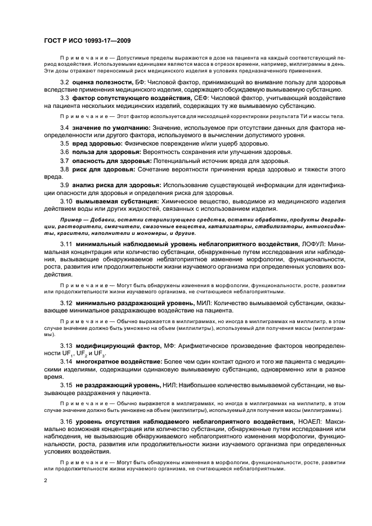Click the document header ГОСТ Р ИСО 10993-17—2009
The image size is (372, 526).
pyautogui.click(x=87, y=40)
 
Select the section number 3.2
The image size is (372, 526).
pyautogui.click(x=65, y=83)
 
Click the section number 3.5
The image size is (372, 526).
pyautogui.click(x=65, y=144)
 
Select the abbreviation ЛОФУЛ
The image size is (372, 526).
pyautogui.click(x=314, y=244)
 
